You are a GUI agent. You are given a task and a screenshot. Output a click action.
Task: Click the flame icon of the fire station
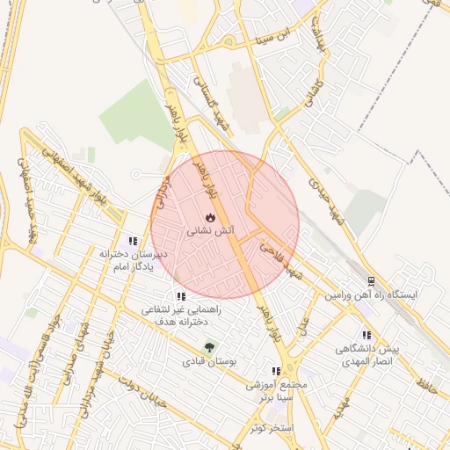point(209,216)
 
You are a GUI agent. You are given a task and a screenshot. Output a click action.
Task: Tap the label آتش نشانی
point(210,230)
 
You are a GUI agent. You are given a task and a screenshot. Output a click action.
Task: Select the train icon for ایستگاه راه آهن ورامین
point(371,282)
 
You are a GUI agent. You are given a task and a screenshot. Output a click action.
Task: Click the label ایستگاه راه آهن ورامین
point(371,297)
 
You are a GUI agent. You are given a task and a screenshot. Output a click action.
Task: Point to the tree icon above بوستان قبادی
point(209,345)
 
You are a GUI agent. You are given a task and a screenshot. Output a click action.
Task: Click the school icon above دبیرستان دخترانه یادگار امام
point(133,240)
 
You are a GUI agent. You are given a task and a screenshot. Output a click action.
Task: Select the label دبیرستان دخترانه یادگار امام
point(133,260)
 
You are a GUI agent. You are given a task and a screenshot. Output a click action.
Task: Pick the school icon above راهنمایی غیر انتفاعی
point(181,296)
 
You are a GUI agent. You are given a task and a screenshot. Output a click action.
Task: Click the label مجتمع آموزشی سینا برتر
point(287,392)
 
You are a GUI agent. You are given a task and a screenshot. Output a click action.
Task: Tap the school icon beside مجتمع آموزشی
point(276,371)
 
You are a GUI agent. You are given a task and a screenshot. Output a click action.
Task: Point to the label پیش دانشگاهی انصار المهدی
point(367,356)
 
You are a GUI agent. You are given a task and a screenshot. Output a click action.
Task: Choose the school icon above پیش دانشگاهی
point(367,335)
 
